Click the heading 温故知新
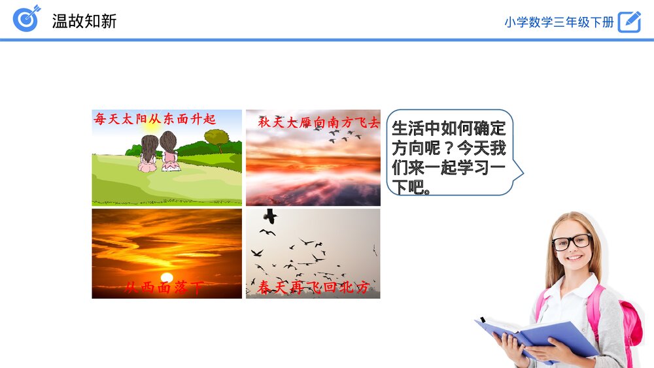tap(84, 21)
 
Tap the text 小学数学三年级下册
tap(559, 22)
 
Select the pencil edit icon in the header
tap(629, 22)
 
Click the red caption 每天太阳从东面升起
tap(155, 119)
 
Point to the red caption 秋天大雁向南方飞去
tap(318, 122)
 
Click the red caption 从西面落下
tap(163, 288)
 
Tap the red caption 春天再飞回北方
tap(313, 288)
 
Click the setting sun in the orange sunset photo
tap(167, 276)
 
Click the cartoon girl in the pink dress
tap(169, 152)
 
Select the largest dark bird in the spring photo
tap(269, 216)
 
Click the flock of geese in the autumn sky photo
tap(344, 135)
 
